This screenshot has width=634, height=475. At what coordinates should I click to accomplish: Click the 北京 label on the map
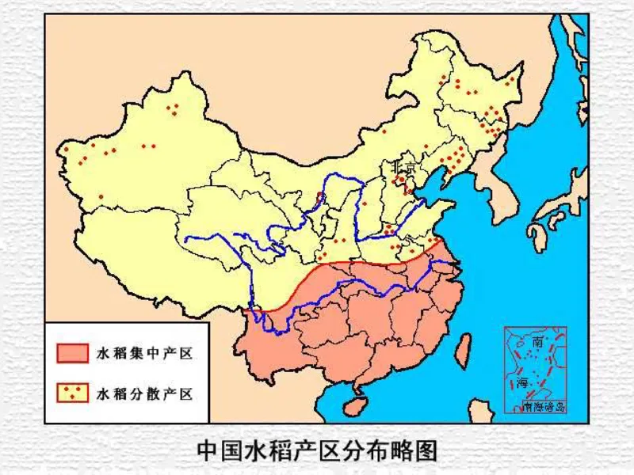398,168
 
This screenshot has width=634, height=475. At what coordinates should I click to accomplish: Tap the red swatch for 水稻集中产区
73,353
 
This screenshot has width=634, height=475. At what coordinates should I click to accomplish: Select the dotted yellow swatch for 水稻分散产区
73,391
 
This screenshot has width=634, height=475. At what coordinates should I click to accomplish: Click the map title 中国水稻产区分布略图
317,450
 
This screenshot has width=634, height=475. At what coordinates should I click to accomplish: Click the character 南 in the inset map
538,343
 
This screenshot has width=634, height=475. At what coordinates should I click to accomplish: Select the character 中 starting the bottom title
208,450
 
